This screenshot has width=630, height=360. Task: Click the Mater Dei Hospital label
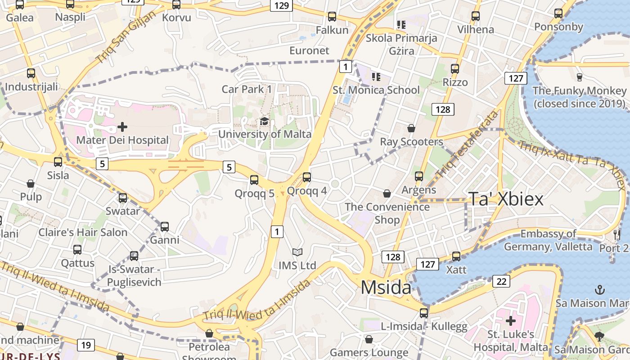point(122,140)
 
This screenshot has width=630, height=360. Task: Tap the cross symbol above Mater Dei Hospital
point(122,127)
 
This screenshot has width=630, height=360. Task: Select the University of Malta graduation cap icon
point(264,121)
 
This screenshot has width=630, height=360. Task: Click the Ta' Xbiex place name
point(506,198)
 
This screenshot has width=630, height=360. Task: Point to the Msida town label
point(386,288)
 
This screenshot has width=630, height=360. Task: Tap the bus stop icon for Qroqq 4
point(307,177)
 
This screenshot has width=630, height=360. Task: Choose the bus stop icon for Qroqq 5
point(254,180)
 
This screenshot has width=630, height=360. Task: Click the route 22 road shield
point(501,281)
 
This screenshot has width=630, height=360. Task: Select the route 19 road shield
point(85,345)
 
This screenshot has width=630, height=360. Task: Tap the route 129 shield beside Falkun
point(281,5)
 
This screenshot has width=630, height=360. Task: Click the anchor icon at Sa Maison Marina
point(600,289)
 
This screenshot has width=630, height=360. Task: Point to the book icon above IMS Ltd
point(297,252)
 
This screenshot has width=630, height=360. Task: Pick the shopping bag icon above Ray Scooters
point(411,129)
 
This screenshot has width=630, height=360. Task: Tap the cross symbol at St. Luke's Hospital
point(510,321)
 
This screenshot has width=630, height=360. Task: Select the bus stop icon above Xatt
point(456,256)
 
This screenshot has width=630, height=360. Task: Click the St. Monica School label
point(376,90)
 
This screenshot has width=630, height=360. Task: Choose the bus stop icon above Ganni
point(165,227)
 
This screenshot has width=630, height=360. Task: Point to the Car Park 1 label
point(247,89)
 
